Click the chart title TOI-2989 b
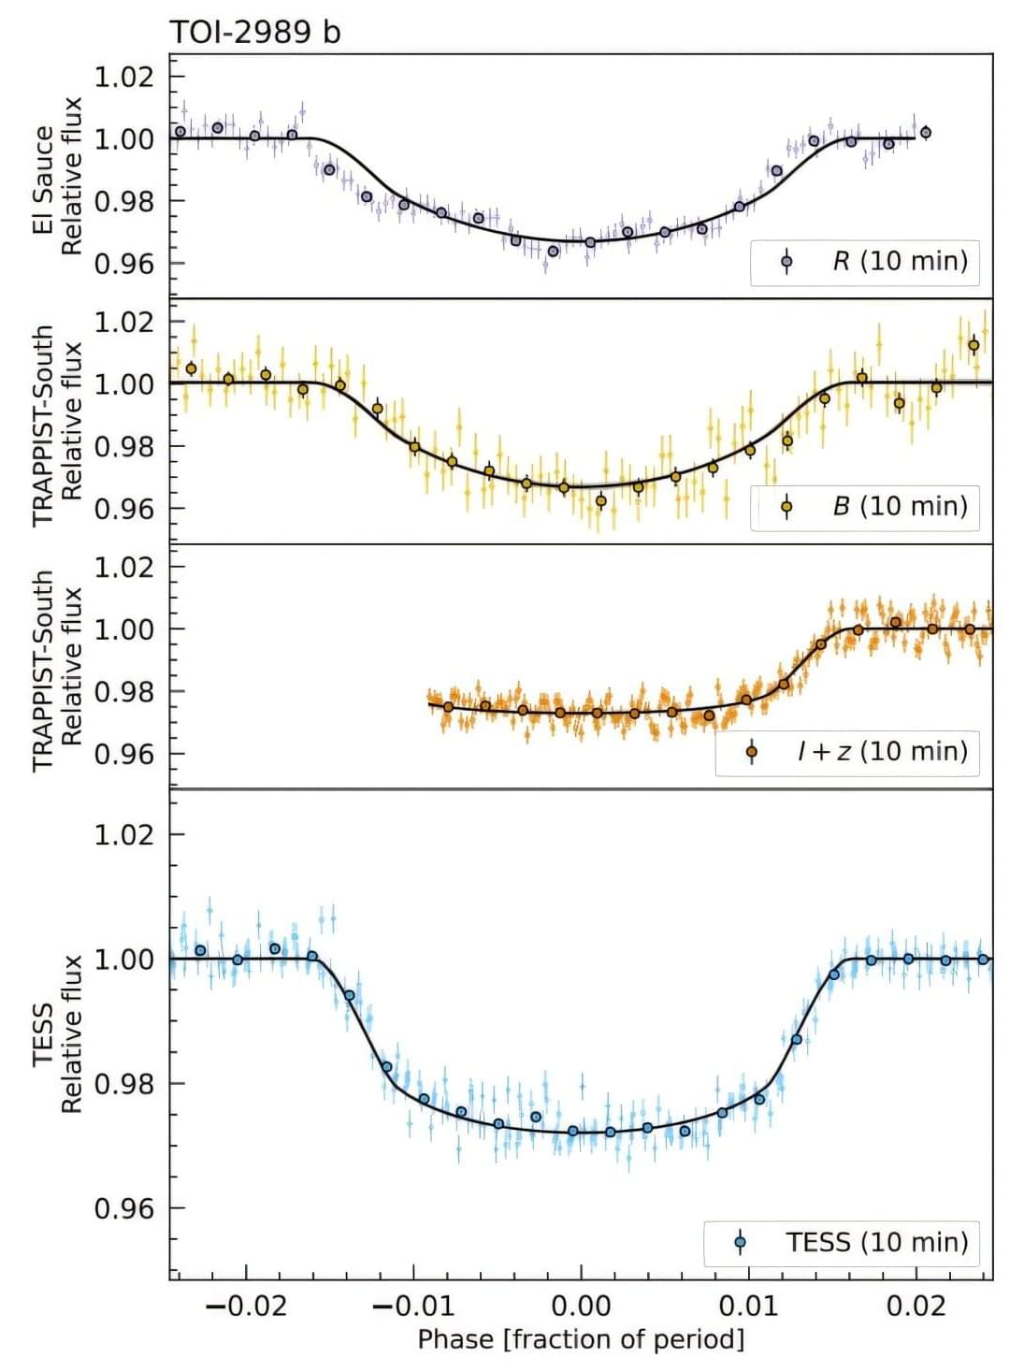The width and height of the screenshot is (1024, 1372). [254, 32]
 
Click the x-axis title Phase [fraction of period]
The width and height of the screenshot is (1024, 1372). [581, 1339]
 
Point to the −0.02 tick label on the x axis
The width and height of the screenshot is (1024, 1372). [245, 1306]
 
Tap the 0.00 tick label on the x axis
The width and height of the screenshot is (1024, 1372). [581, 1306]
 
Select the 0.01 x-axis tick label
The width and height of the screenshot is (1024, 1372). [748, 1306]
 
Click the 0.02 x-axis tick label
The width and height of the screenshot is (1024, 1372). [916, 1306]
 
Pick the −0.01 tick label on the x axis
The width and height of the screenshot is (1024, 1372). [412, 1306]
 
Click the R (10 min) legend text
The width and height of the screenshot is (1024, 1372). [900, 260]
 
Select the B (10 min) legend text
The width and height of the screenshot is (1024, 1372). [900, 506]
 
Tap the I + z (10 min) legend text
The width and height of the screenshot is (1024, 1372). [882, 751]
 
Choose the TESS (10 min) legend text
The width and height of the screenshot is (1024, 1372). [876, 1242]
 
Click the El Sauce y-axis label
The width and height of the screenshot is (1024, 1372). [43, 180]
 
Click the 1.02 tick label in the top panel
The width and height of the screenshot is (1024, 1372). [123, 76]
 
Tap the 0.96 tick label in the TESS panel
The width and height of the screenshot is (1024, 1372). [123, 1208]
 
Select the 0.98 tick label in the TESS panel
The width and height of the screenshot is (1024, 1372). [123, 1084]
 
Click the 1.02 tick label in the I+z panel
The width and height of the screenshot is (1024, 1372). [123, 567]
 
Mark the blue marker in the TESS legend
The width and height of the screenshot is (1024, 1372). [741, 1243]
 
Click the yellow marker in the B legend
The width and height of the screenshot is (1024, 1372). [786, 507]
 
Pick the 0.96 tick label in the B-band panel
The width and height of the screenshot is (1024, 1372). [123, 508]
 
